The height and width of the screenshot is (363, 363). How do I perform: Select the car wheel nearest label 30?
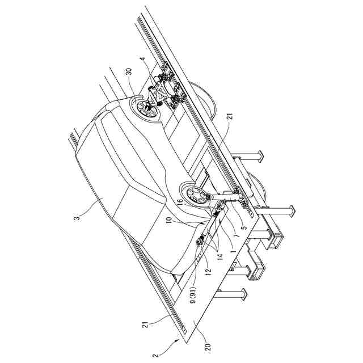click(x=147, y=108)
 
